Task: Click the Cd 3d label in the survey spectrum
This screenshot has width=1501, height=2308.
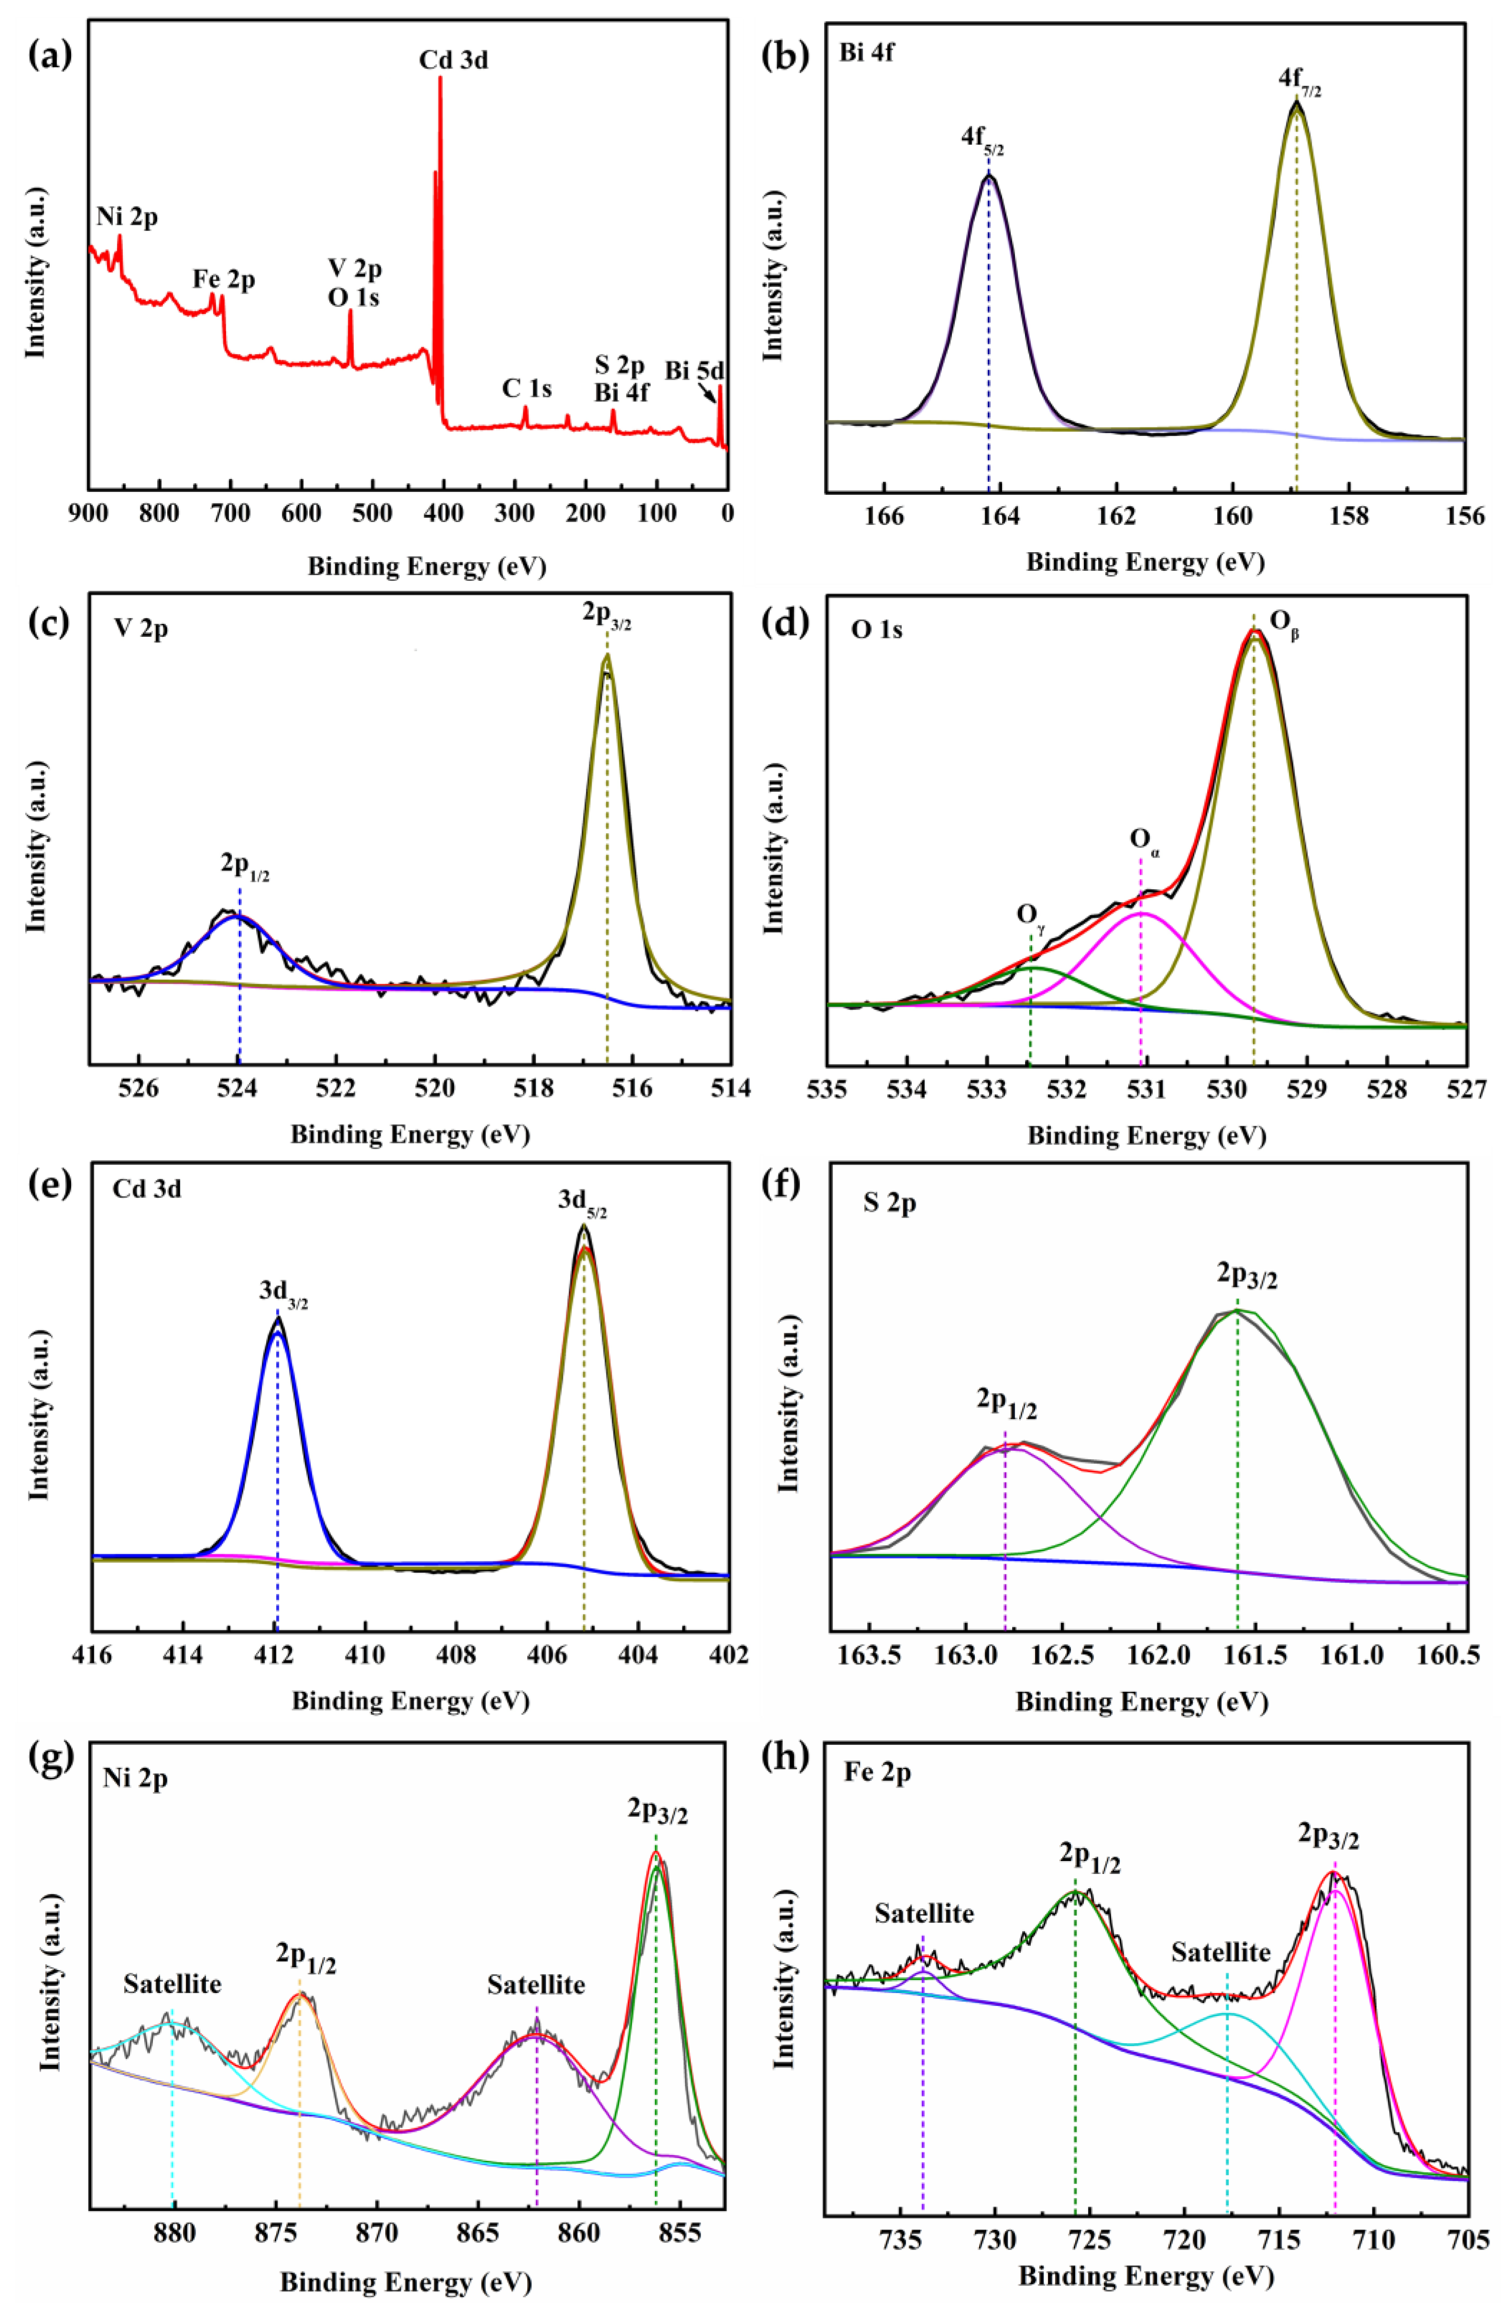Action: point(453,60)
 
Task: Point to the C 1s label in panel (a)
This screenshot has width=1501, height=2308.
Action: point(527,389)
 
